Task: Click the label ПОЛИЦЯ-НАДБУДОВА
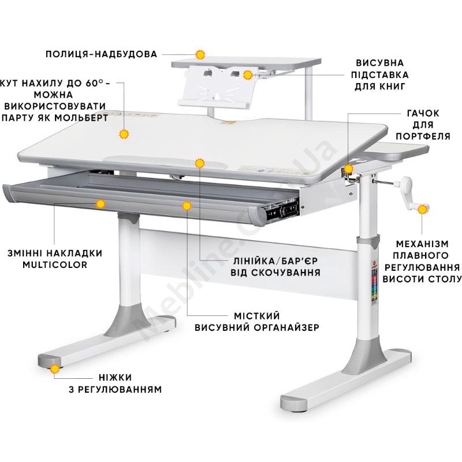(x=102, y=54)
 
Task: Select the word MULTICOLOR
(x=55, y=264)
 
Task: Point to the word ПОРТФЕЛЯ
(x=423, y=136)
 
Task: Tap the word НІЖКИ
(x=115, y=378)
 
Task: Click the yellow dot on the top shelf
(x=200, y=55)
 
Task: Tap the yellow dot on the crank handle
(x=423, y=210)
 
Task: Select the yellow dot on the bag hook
(x=349, y=169)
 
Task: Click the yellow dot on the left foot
(x=55, y=368)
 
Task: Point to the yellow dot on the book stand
(x=248, y=75)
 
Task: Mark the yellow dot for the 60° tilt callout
(x=124, y=135)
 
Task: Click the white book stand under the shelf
(x=215, y=87)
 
